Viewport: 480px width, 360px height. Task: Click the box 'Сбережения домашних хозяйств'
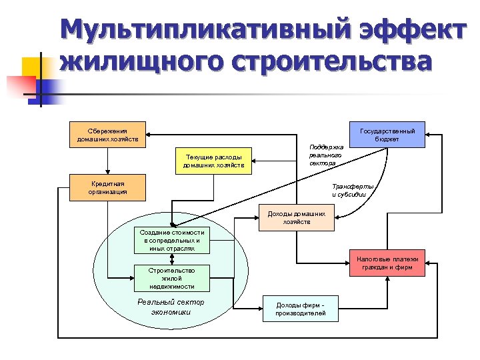109,135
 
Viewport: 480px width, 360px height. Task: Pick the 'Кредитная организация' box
109,187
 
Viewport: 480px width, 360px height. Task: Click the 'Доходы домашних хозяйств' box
296,217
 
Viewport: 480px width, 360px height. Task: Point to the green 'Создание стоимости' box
172,240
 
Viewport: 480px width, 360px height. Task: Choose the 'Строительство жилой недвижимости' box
172,278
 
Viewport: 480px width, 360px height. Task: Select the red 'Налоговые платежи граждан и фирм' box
387,263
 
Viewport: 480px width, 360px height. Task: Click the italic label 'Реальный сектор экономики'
171,307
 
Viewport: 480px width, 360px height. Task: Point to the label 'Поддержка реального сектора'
326,155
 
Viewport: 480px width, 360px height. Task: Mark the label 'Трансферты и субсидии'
352,189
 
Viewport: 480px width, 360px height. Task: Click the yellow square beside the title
33,69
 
